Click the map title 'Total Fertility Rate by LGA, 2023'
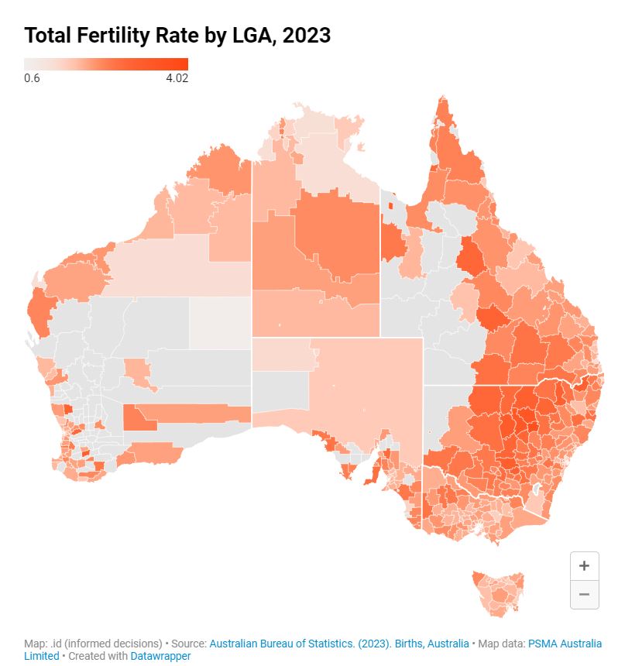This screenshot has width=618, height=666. point(177,35)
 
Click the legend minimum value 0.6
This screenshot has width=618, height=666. point(32,77)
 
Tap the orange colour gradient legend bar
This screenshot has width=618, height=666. point(105,64)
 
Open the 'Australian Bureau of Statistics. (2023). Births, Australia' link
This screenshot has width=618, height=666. point(339,644)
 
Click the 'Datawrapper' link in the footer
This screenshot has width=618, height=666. point(160,656)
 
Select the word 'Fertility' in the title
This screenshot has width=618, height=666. point(118,35)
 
